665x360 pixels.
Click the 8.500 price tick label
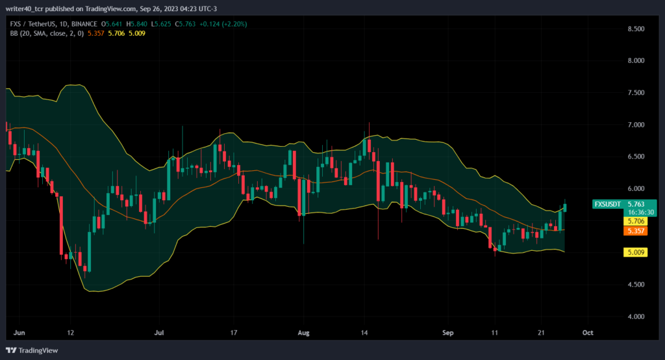click(x=636, y=29)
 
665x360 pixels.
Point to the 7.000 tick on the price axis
click(x=636, y=125)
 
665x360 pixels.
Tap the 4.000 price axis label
click(x=636, y=316)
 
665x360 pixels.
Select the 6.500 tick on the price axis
click(x=636, y=157)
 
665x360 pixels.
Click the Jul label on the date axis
click(x=159, y=333)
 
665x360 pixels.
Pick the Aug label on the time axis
click(x=304, y=333)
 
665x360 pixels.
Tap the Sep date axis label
click(x=448, y=333)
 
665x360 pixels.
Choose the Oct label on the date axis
click(x=588, y=333)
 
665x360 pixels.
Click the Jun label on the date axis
click(x=19, y=333)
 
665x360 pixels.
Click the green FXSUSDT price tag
click(x=624, y=204)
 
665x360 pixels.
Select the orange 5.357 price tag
click(x=635, y=231)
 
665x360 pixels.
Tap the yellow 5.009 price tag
click(x=635, y=252)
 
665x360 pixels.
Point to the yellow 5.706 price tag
click(x=635, y=221)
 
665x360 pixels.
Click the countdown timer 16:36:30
click(x=641, y=212)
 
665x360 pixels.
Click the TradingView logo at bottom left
click(x=32, y=351)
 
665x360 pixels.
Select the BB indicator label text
click(x=47, y=34)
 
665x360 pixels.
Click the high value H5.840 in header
click(x=136, y=24)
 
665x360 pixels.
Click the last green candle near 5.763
click(x=565, y=207)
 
